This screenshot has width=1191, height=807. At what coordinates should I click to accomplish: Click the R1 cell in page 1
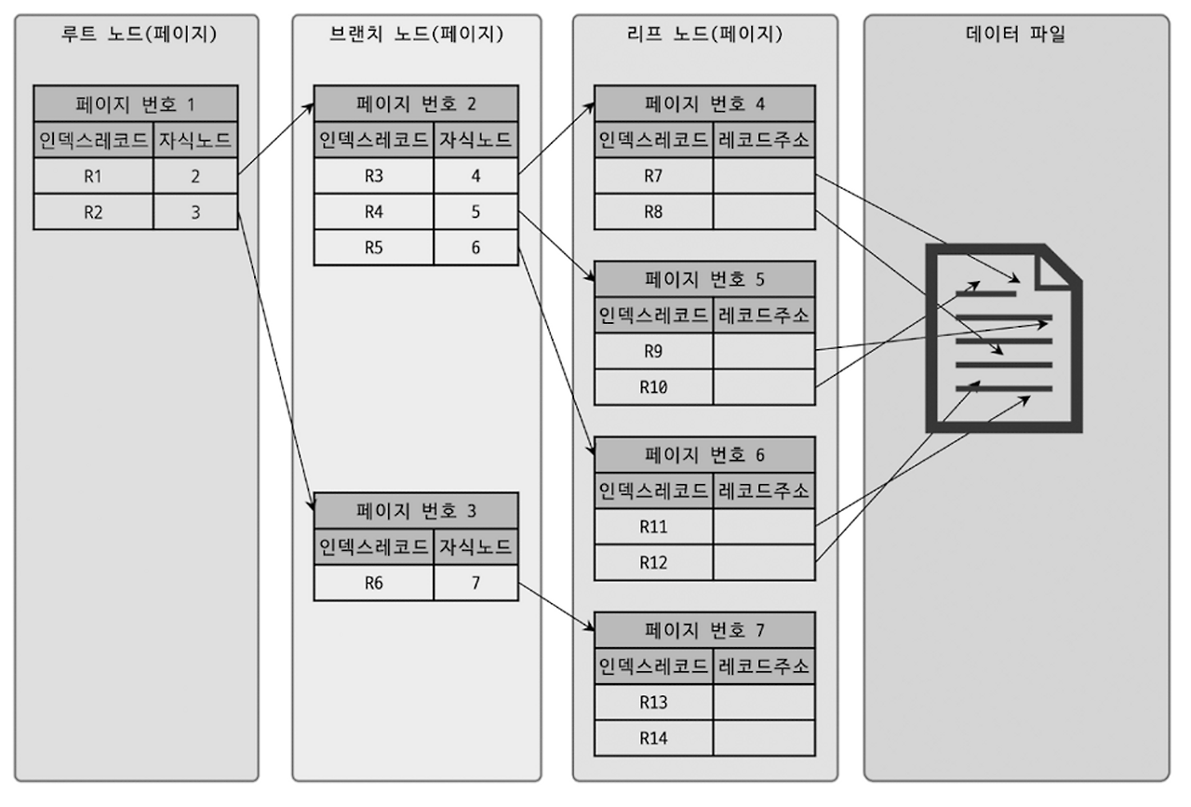click(93, 175)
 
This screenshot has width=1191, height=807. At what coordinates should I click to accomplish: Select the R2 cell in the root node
click(93, 211)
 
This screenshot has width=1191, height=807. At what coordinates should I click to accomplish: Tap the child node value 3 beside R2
click(195, 211)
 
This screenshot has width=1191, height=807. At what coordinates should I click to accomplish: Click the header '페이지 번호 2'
click(415, 103)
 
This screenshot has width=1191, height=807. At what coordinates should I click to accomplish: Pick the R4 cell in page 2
click(373, 211)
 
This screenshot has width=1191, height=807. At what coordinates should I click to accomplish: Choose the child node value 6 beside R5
click(475, 248)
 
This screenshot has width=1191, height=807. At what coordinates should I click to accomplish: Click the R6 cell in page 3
click(373, 583)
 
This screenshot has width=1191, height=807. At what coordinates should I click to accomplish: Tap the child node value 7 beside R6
click(475, 583)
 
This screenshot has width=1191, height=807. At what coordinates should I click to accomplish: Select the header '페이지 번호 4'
click(704, 103)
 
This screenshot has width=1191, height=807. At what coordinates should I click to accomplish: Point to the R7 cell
click(653, 175)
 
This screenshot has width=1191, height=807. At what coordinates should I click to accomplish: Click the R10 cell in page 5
click(653, 386)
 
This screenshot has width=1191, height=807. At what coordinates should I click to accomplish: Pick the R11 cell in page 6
click(653, 527)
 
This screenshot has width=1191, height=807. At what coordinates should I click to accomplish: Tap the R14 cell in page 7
click(653, 738)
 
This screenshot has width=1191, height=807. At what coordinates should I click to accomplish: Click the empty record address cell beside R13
click(764, 703)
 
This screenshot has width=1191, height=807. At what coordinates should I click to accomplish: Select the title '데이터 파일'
click(1016, 35)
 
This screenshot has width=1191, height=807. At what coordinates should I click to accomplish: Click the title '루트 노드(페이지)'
click(136, 35)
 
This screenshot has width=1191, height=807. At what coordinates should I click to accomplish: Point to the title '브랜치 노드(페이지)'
click(416, 35)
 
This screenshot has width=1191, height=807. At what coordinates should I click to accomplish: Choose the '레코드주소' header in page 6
click(764, 491)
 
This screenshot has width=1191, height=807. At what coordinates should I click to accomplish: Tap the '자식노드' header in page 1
click(195, 141)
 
